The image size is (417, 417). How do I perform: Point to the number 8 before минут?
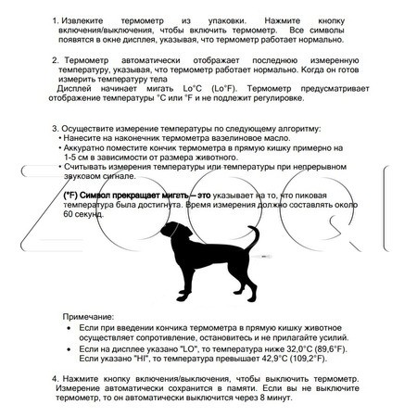[263, 398]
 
